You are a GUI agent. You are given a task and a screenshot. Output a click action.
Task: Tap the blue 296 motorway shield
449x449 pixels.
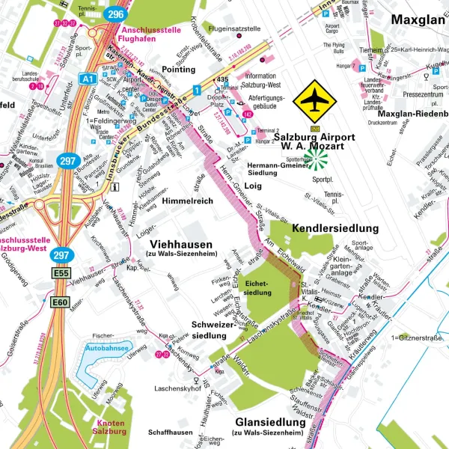coord(114,13)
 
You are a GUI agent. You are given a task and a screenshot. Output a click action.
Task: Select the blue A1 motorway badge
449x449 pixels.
coord(87,77)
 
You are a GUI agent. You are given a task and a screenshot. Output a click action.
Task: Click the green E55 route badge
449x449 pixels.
coord(61,275)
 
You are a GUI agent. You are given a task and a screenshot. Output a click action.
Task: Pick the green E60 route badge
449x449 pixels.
coord(60,302)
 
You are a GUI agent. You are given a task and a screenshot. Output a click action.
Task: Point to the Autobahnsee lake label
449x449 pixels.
coord(104,349)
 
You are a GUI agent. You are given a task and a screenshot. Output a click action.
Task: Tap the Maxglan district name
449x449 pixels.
coord(418,19)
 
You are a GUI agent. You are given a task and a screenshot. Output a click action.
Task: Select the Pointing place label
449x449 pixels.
coord(179,69)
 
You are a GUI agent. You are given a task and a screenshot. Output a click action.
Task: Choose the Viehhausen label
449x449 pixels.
coord(181,245)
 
